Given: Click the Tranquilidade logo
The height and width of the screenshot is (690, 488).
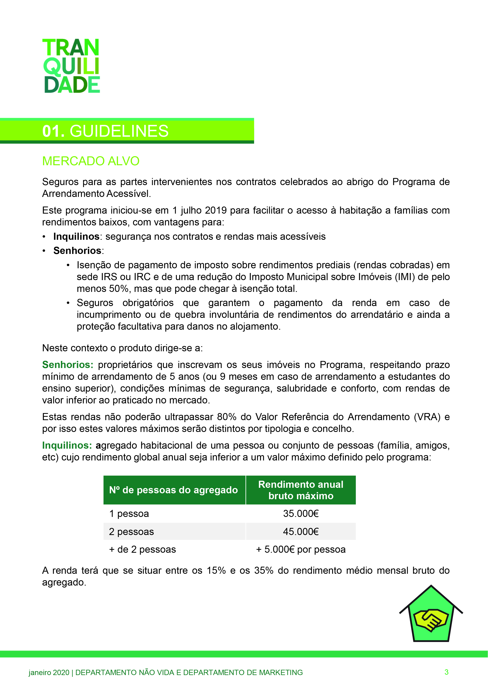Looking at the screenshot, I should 71,66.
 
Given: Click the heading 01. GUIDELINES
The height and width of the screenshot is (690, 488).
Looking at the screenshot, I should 105,131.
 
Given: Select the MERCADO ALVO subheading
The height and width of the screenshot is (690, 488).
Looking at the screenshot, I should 91,161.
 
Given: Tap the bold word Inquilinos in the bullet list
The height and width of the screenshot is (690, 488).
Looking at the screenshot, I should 76,236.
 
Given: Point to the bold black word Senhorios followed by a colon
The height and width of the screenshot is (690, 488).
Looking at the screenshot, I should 77,251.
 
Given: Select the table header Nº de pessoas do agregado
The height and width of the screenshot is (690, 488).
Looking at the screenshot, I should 174,490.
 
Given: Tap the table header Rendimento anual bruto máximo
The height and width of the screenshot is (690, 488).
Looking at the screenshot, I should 301,490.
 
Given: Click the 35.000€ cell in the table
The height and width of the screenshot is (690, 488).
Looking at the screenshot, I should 301,514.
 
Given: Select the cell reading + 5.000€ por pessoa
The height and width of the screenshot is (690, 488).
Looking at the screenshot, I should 301,549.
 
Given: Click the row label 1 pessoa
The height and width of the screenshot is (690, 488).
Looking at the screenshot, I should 129,514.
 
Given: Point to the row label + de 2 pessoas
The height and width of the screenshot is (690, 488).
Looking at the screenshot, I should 142,549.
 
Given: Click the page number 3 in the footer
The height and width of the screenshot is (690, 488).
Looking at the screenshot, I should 446,672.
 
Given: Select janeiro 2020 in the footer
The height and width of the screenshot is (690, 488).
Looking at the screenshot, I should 49,672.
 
